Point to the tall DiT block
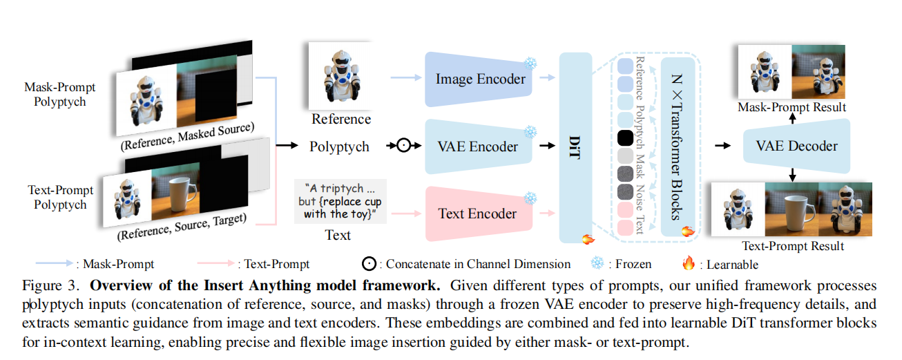click(575, 146)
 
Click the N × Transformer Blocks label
click(673, 146)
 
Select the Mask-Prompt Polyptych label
click(60, 95)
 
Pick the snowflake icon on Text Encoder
click(530, 198)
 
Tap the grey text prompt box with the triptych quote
click(338, 201)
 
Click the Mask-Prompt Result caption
click(791, 107)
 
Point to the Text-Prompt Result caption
click(793, 246)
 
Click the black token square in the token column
click(625, 138)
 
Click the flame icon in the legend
click(688, 263)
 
